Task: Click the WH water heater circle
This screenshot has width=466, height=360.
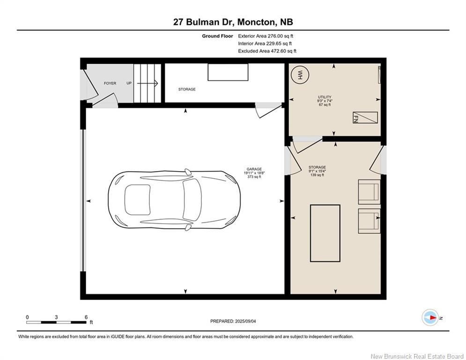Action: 300,75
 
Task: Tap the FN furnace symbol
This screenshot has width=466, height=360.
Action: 365,118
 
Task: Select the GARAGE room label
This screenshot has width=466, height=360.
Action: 254,169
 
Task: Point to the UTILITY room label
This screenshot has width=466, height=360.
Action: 325,97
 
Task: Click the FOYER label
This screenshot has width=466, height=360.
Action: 110,83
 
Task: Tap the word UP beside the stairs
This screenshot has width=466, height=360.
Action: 129,83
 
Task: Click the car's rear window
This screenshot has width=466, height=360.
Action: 137,200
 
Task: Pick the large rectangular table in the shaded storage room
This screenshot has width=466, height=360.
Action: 325,233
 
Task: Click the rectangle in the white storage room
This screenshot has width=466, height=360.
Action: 228,72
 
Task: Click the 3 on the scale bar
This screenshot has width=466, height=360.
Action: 56,317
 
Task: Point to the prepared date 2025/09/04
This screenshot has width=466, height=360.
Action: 245,321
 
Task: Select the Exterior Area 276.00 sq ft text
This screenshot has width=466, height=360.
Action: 266,36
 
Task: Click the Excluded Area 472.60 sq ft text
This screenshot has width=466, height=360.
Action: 267,51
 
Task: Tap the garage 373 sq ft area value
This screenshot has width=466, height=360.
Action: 254,177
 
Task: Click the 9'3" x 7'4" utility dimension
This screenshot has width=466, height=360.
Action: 325,101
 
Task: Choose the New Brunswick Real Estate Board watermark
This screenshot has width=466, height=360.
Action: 417,356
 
